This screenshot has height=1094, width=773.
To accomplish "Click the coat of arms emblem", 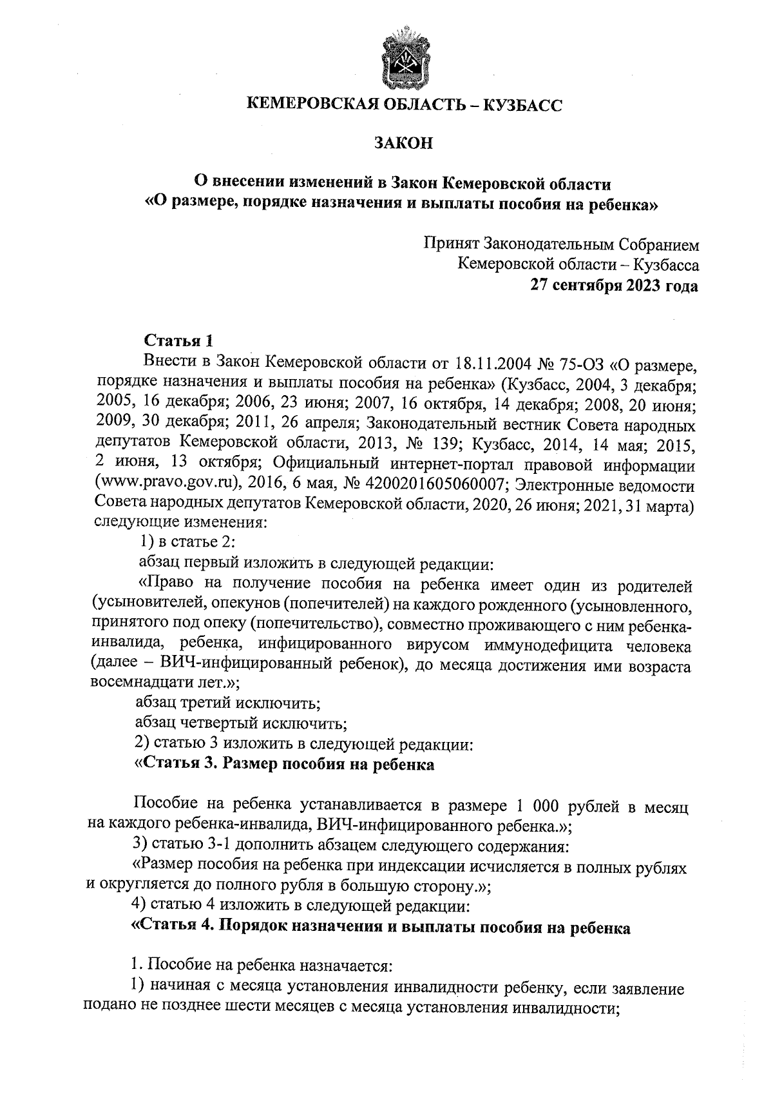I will [x=404, y=58].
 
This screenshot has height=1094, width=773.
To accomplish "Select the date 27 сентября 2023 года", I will [x=614, y=285].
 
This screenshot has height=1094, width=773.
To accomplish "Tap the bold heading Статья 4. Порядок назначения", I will [x=380, y=928].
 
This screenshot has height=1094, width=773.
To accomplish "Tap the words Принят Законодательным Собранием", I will [x=561, y=245].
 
